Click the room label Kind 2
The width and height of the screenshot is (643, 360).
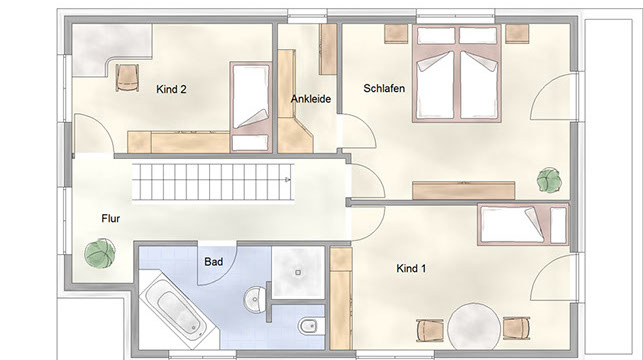coord(171,89)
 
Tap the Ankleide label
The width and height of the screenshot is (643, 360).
coord(311,99)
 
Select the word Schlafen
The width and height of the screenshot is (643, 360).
coord(384,88)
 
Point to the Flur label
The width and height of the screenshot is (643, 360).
coord(111,219)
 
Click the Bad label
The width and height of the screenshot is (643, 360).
coord(214,262)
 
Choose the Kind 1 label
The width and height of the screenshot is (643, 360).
coord(411,269)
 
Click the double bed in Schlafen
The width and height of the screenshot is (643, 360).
coord(457,73)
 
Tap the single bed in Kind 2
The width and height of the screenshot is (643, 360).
coord(251,107)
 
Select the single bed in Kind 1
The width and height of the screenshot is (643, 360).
coord(523,224)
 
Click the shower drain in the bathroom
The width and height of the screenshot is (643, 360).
coord(299,272)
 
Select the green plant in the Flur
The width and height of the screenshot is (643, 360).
coord(100,253)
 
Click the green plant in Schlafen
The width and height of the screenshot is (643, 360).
coord(549,180)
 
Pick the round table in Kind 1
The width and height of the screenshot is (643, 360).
coord(474,327)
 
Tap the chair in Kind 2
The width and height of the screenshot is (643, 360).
coord(127,77)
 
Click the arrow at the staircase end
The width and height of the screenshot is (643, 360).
coord(288,180)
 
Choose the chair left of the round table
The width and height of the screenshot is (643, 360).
coord(430,330)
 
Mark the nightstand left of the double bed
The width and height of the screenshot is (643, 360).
coord(396,34)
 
